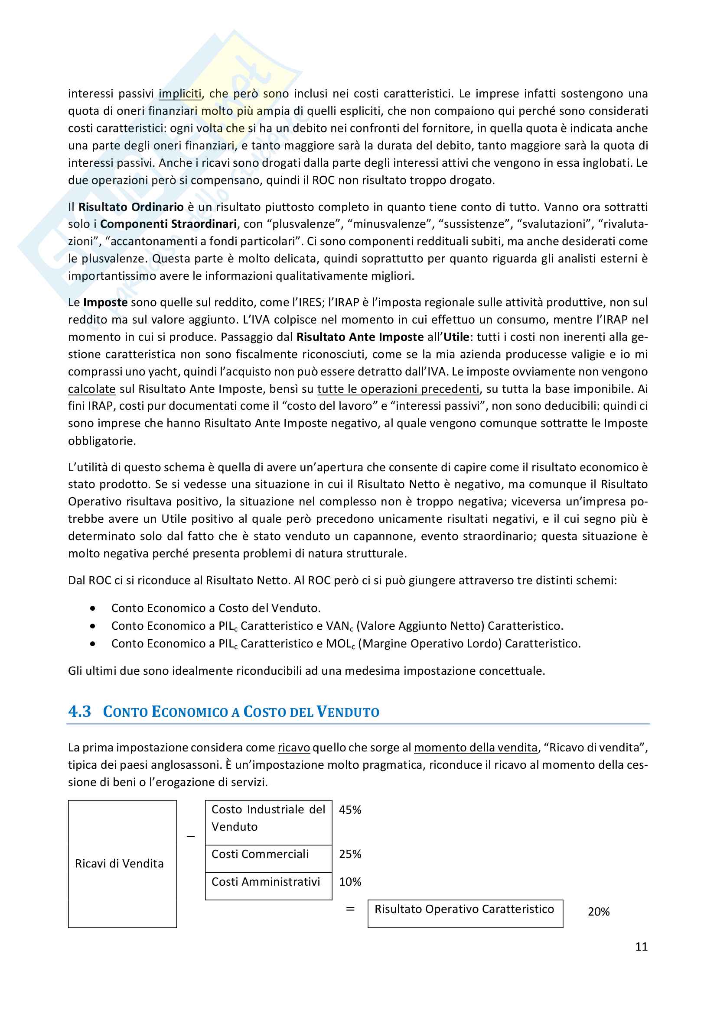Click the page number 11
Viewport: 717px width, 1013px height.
pyautogui.click(x=641, y=946)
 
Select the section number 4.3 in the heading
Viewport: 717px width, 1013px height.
pyautogui.click(x=79, y=711)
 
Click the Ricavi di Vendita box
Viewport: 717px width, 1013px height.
pyautogui.click(x=122, y=864)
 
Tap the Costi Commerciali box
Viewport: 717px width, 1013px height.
pyautogui.click(x=268, y=854)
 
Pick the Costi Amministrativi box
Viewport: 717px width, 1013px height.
pyautogui.click(x=268, y=881)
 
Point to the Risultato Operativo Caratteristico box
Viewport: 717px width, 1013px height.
pyautogui.click(x=465, y=909)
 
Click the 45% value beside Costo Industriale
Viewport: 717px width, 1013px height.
pyautogui.click(x=350, y=810)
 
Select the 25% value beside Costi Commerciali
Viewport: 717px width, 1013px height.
pyautogui.click(x=350, y=854)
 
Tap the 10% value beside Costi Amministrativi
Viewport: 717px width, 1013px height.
pyautogui.click(x=350, y=881)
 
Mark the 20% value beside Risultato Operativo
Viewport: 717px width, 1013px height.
pyautogui.click(x=598, y=912)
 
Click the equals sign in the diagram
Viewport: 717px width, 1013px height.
pyautogui.click(x=350, y=909)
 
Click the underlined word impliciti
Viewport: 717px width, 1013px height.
pyautogui.click(x=180, y=94)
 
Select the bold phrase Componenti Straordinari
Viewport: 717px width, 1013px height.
pyautogui.click(x=168, y=224)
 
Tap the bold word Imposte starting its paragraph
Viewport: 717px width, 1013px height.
pyautogui.click(x=105, y=302)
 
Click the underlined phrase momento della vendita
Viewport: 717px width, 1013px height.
pyautogui.click(x=476, y=748)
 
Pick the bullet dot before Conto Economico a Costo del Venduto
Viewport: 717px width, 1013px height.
pyautogui.click(x=92, y=608)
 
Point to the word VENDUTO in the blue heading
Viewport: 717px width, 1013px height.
pyautogui.click(x=348, y=712)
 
